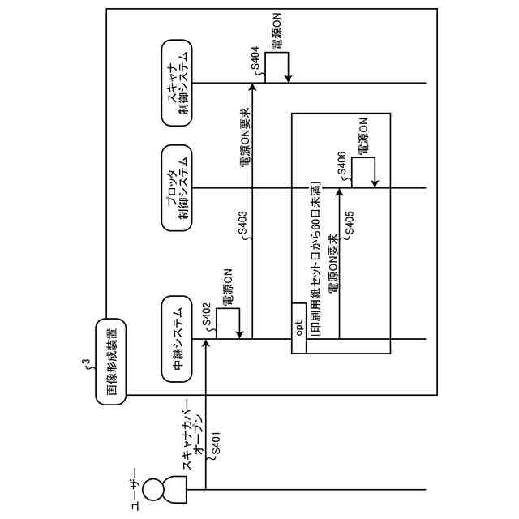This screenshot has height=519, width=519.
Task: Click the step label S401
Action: [216, 444]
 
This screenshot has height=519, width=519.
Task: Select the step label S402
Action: [207, 314]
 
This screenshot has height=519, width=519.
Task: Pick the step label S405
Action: [350, 222]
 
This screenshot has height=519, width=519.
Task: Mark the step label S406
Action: [341, 164]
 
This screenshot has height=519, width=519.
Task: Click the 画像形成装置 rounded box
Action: [111, 362]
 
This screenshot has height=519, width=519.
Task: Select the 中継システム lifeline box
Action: [177, 339]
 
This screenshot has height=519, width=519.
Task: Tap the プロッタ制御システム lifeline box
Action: [177, 188]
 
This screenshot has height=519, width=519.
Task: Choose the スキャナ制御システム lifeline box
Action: [177, 83]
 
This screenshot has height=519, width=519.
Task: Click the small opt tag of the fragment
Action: [299, 328]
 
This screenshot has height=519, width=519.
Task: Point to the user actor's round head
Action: [154, 490]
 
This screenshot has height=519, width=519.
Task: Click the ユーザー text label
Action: [135, 490]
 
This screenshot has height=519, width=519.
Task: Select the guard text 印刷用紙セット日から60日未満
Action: [315, 259]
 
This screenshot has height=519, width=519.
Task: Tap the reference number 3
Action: [87, 363]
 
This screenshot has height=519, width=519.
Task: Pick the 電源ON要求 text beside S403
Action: [244, 137]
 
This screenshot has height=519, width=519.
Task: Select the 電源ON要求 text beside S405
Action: [333, 264]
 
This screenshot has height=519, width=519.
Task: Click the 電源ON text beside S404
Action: [276, 31]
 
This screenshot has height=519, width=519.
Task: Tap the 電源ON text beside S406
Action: [362, 135]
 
